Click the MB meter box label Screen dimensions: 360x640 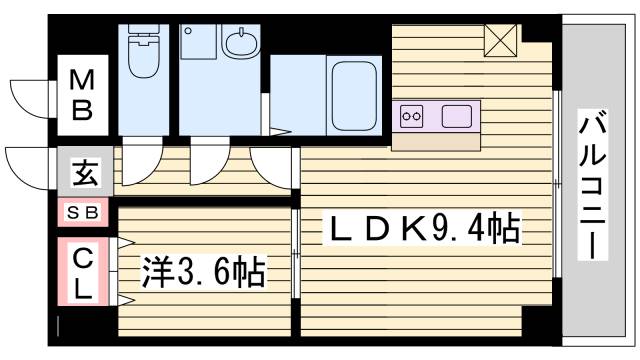(x=82, y=93)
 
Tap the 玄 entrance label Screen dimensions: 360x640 (x=83, y=173)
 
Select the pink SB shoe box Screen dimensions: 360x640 (x=82, y=212)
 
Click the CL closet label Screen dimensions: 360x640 (x=84, y=272)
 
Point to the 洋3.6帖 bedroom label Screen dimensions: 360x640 (x=206, y=269)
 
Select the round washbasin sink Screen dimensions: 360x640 (x=239, y=44)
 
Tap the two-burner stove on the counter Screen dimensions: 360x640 (x=412, y=115)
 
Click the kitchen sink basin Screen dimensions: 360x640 (x=456, y=115)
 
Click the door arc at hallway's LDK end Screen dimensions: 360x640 (x=272, y=165)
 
